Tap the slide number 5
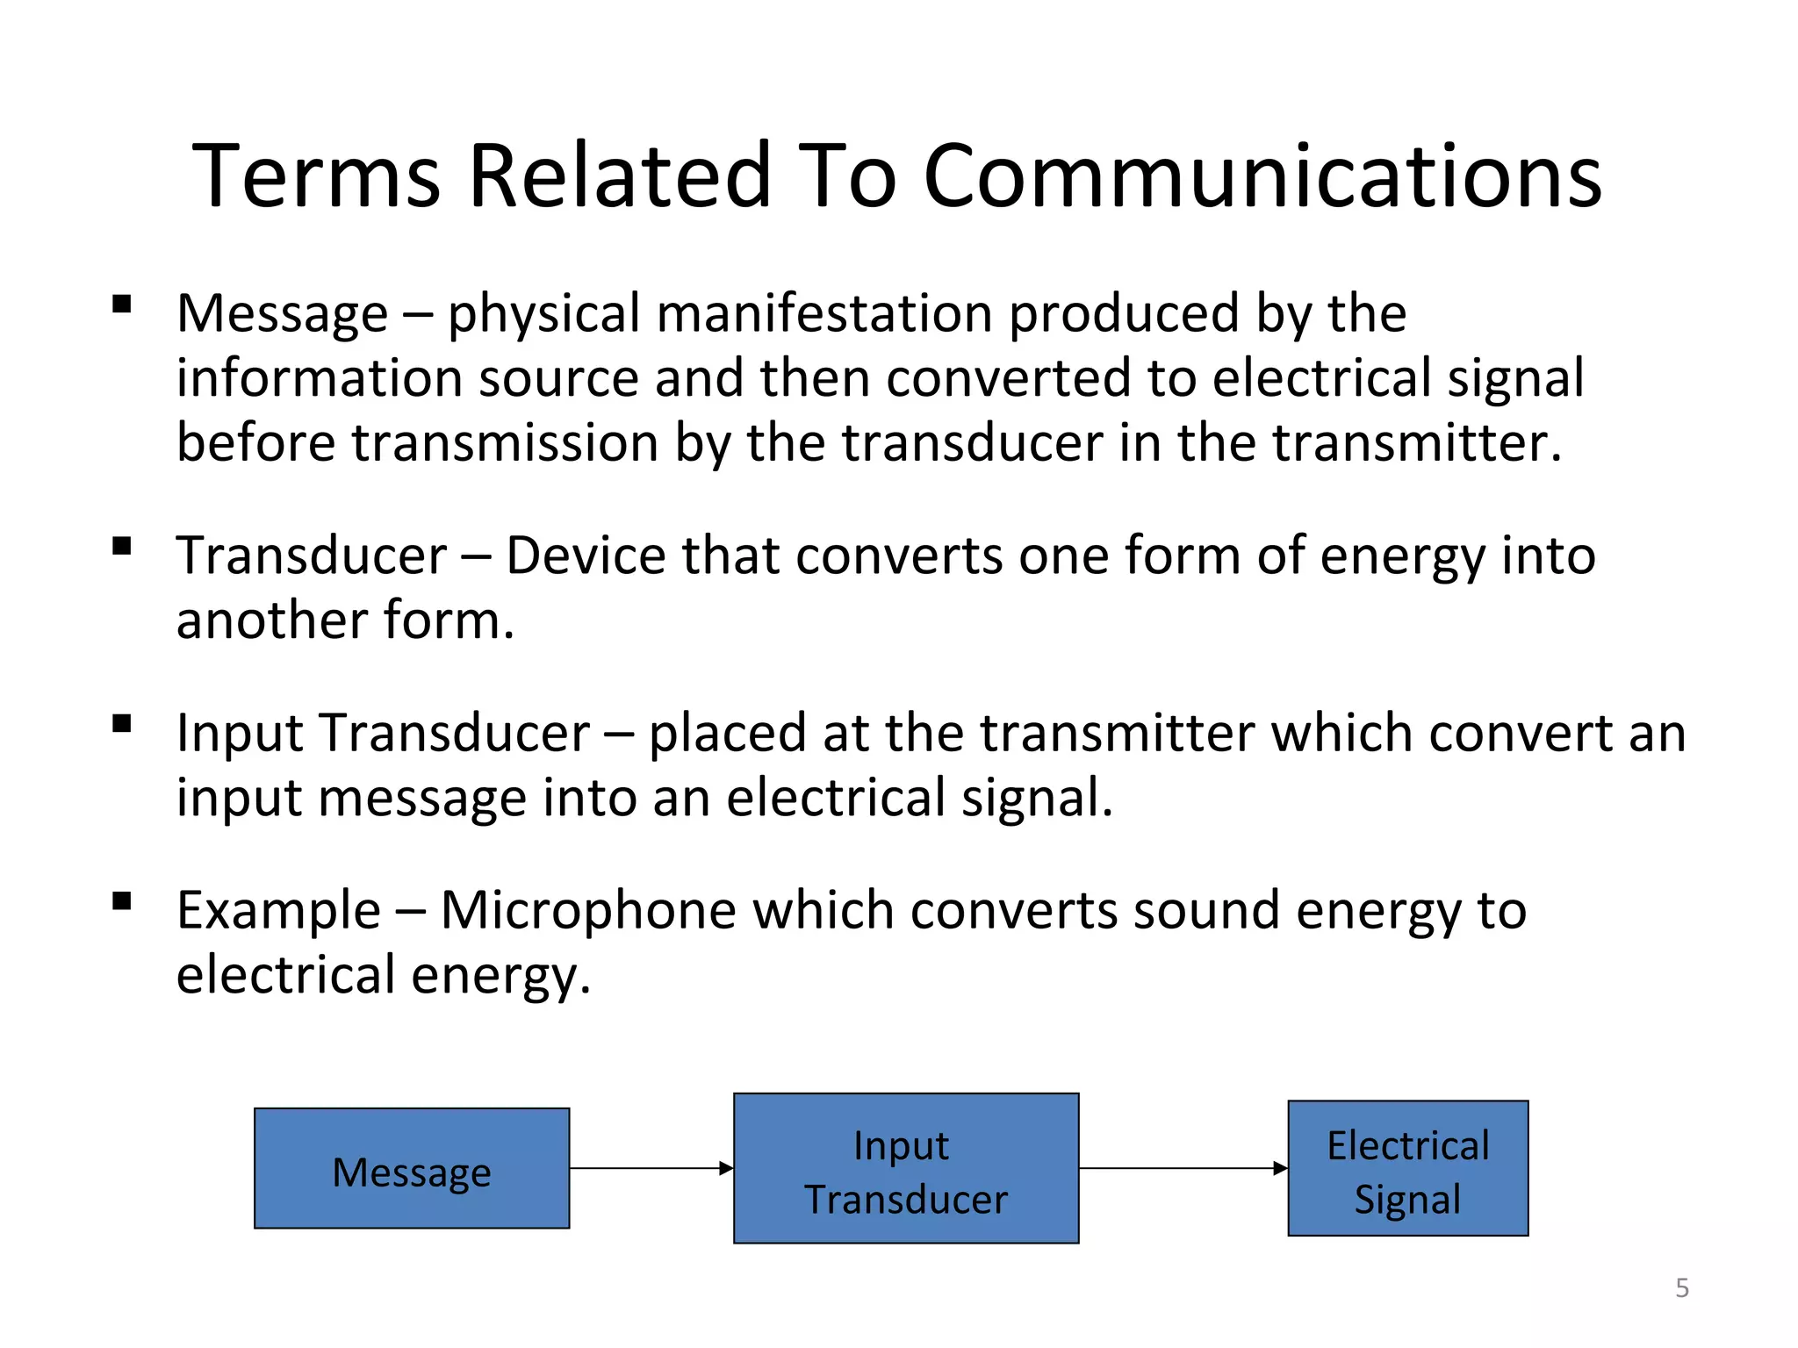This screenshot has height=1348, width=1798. pyautogui.click(x=1682, y=1287)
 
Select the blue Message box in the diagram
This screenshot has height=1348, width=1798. pyautogui.click(x=412, y=1168)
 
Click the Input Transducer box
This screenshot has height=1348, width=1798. pyautogui.click(x=906, y=1168)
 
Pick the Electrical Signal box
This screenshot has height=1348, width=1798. pyautogui.click(x=1408, y=1168)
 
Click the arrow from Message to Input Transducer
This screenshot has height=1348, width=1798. pyautogui.click(x=651, y=1168)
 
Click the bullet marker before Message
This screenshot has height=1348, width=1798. pyautogui.click(x=122, y=305)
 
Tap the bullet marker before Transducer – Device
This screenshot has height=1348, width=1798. pyautogui.click(x=122, y=547)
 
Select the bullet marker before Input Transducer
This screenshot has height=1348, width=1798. pyautogui.click(x=122, y=724)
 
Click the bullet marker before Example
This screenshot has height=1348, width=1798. pyautogui.click(x=122, y=901)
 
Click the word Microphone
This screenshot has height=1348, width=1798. pyautogui.click(x=588, y=910)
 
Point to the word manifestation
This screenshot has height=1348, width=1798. pyautogui.click(x=824, y=313)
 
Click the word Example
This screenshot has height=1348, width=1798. pyautogui.click(x=278, y=910)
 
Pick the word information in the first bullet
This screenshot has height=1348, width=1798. pyautogui.click(x=319, y=378)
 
